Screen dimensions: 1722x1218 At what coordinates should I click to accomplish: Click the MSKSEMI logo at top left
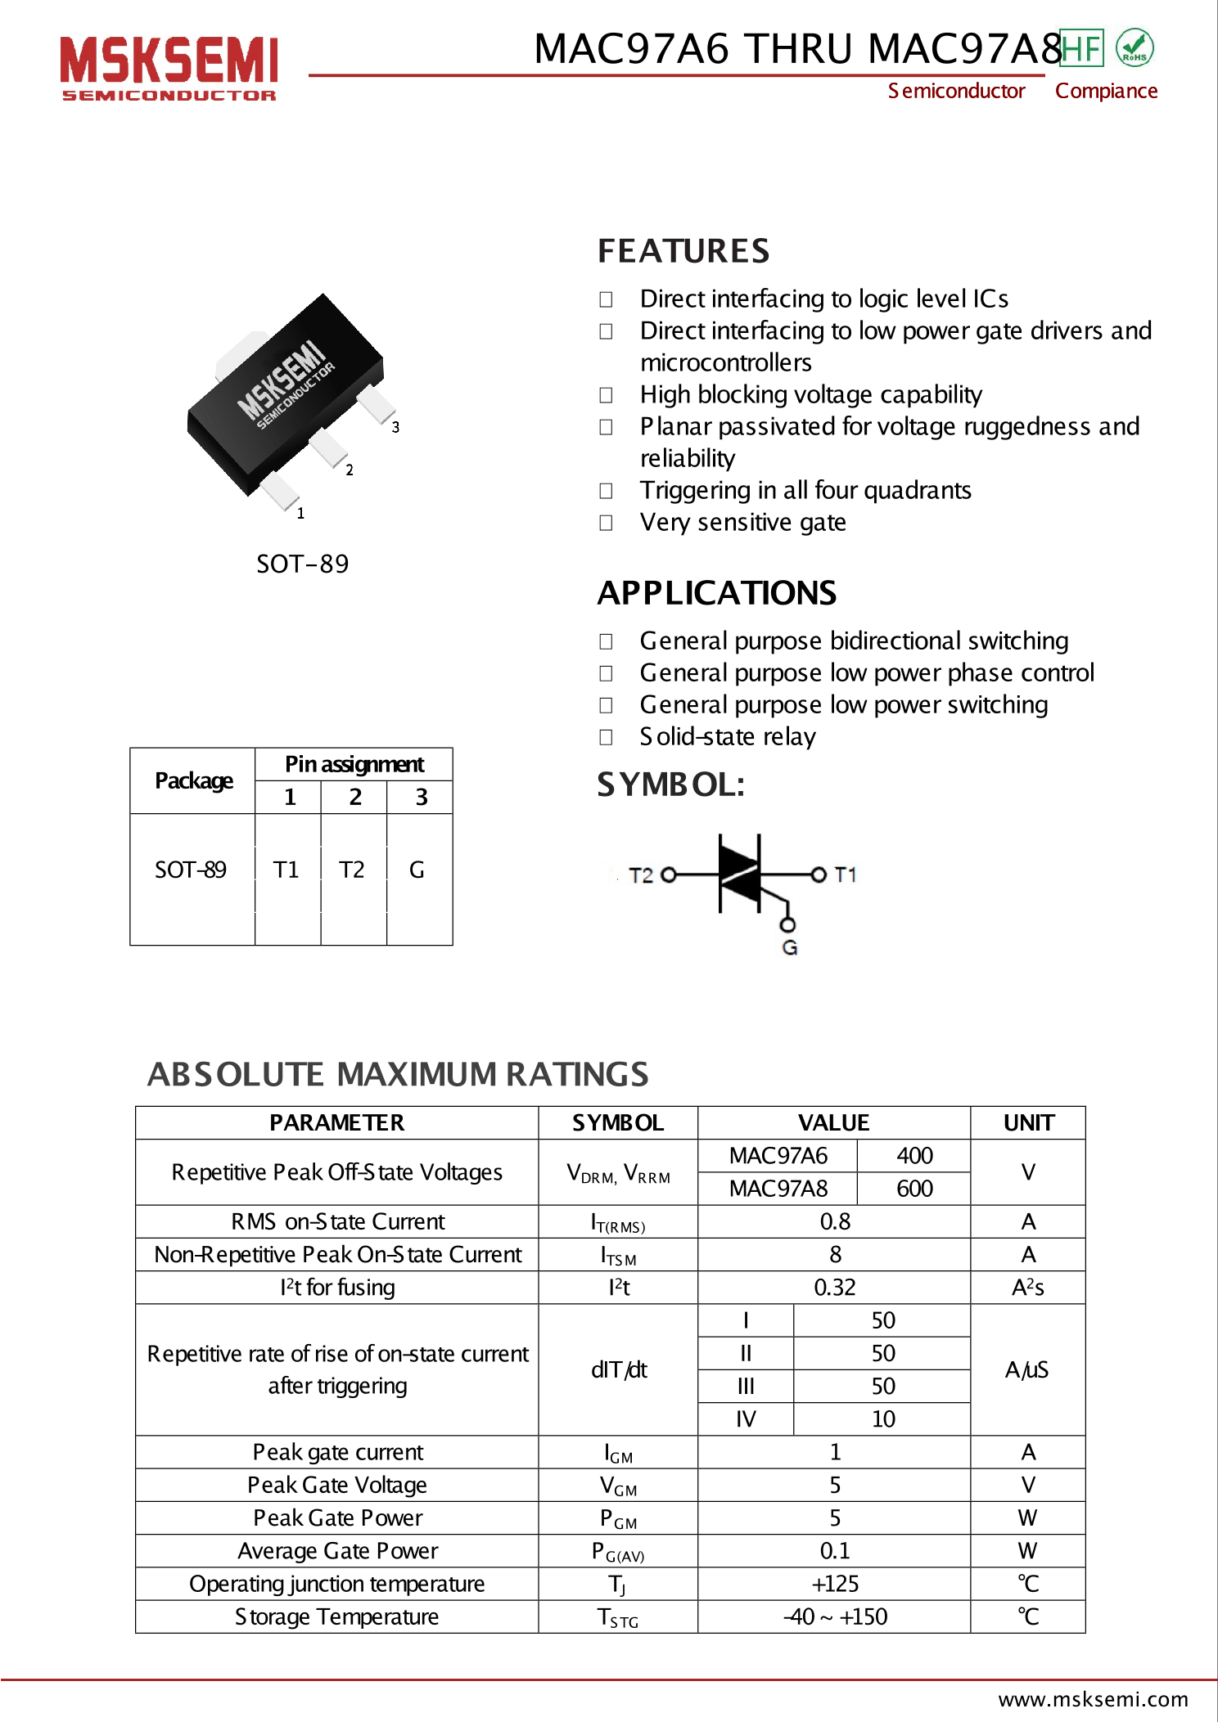169,68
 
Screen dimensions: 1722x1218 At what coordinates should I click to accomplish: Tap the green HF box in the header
1081,48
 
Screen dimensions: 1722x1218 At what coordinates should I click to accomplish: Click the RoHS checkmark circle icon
1135,47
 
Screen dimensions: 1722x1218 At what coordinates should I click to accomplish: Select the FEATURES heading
683,251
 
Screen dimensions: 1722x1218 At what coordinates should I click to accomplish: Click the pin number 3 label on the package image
395,427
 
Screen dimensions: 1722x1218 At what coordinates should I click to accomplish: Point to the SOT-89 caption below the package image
302,564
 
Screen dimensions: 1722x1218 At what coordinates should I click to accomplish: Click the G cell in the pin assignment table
417,870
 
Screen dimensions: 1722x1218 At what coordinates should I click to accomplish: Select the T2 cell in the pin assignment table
352,870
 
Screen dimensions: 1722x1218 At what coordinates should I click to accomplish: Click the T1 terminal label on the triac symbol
846,874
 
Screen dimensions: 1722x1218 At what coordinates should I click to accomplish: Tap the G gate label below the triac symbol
789,947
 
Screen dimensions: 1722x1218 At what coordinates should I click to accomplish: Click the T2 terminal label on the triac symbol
640,875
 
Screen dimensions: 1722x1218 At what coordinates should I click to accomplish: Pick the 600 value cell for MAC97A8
914,1188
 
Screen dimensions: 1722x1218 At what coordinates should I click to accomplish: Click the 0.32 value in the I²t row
834,1287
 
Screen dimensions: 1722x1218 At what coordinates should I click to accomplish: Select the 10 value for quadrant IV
882,1419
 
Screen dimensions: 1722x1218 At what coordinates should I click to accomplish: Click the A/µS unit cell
1026,1369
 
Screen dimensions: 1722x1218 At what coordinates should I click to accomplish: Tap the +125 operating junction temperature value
834,1584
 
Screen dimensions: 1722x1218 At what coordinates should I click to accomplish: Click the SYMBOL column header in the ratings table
618,1122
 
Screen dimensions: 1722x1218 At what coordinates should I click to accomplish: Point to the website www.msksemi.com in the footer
1093,1699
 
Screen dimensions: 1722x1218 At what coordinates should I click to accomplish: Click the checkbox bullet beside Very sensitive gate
606,523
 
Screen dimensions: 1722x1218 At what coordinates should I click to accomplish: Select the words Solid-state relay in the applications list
728,736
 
